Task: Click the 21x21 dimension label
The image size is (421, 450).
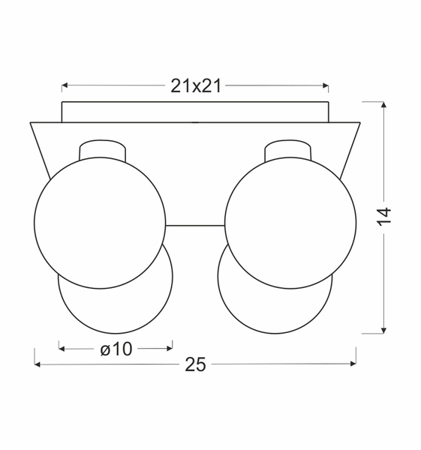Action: [x=195, y=85]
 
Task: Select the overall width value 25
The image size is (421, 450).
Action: [x=195, y=364]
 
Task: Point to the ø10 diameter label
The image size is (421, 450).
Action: [x=116, y=349]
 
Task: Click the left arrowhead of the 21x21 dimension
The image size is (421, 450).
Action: [x=65, y=85]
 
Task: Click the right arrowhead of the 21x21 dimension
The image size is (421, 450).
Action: [x=325, y=85]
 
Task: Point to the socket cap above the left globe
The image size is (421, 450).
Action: [x=103, y=147]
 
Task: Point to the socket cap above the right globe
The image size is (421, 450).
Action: [x=288, y=147]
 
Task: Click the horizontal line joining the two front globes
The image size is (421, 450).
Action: [x=194, y=225]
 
